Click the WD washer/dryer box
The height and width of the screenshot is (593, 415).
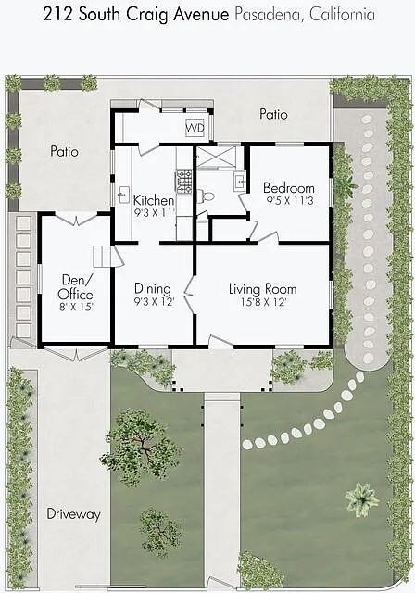(195, 128)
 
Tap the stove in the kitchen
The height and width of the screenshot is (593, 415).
(184, 182)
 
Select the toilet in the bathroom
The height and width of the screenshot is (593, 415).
(206, 196)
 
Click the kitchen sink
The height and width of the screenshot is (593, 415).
(123, 195)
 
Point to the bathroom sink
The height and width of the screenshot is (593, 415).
(240, 182)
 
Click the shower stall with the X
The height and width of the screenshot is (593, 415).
(216, 157)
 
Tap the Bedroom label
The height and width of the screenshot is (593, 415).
(288, 188)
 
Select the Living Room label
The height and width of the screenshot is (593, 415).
(263, 289)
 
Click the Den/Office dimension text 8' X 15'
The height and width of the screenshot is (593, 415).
(76, 307)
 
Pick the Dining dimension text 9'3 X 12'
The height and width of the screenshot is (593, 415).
(154, 302)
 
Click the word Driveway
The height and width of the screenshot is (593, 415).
(74, 514)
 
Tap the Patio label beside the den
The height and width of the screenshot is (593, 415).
(65, 152)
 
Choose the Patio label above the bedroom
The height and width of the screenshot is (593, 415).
(273, 114)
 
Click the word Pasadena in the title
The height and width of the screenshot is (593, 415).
(269, 15)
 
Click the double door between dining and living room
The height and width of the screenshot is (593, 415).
(190, 295)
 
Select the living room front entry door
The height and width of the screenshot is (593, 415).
(220, 341)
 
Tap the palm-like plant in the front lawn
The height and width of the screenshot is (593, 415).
(361, 499)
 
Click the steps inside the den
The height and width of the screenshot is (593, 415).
(103, 257)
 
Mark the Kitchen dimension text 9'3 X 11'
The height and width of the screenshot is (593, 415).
(155, 212)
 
